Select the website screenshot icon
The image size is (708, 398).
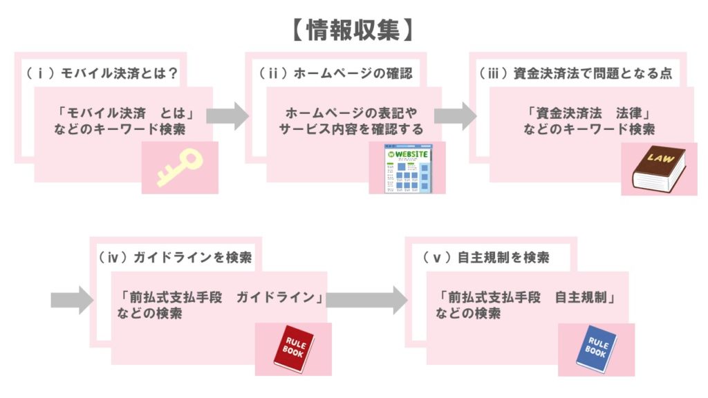pyautogui.click(x=409, y=167)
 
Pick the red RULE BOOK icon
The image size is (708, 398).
pyautogui.click(x=294, y=345)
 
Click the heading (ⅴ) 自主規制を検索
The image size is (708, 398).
pyautogui.click(x=487, y=258)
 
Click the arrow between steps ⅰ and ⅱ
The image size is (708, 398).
pyautogui.click(x=227, y=115)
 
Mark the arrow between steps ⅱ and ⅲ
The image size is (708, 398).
pyautogui.click(x=456, y=115)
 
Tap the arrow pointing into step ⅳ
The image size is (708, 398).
pyautogui.click(x=71, y=300)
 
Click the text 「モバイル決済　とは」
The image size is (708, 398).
pyautogui.click(x=123, y=113)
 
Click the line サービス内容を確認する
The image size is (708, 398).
pyautogui.click(x=351, y=129)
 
